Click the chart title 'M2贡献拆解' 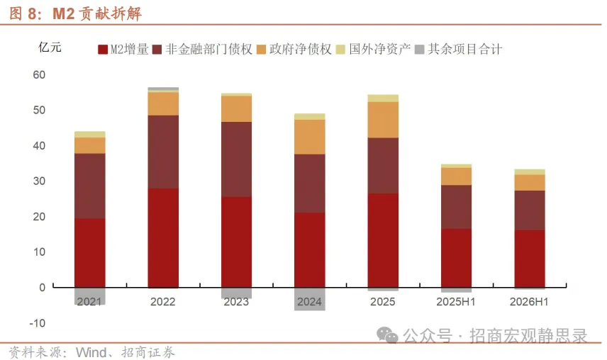[96, 13]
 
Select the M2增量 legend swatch [103, 50]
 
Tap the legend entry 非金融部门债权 [203, 49]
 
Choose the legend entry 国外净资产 [373, 49]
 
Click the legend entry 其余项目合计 [458, 49]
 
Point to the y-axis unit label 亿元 [50, 47]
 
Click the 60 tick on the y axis [39, 74]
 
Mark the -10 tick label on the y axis [37, 323]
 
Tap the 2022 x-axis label [163, 302]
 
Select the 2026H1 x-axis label [529, 302]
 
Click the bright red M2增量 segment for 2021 [90, 253]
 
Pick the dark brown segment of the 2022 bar [163, 152]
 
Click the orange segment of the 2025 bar [383, 120]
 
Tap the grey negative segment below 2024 [310, 299]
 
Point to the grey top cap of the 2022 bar [163, 89]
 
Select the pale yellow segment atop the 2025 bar [383, 99]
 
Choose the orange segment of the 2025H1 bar [456, 176]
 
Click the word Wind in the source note [91, 352]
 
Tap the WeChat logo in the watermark [387, 335]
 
